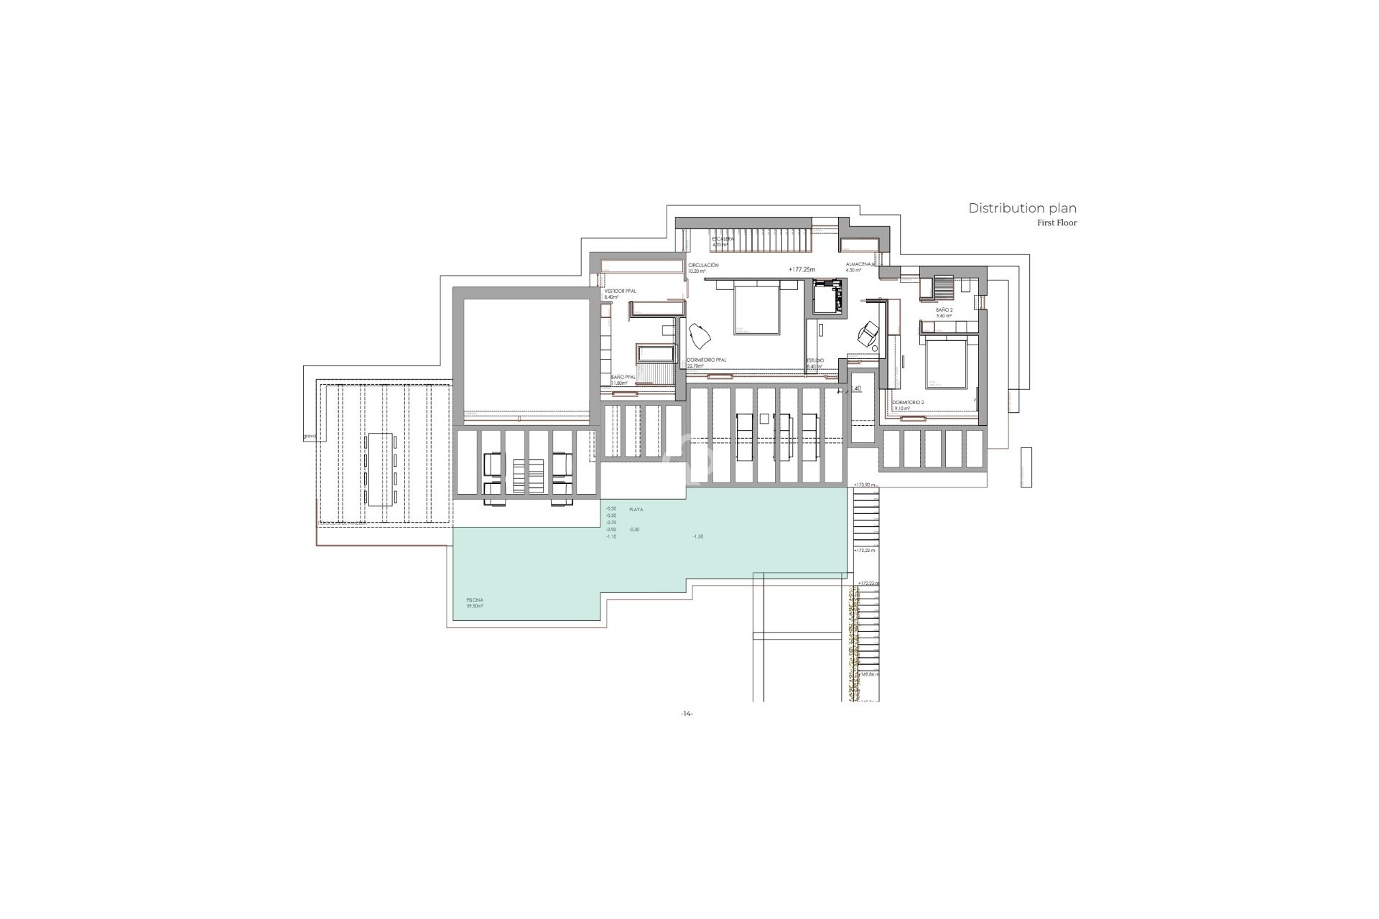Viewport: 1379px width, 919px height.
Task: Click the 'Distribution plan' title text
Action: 1022,208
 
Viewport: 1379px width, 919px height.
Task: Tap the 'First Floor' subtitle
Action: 1057,223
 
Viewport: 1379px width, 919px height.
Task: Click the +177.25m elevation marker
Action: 802,269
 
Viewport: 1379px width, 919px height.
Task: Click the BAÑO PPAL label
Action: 622,379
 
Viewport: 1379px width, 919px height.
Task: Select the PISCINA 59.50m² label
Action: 474,602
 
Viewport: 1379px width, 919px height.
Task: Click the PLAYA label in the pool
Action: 636,509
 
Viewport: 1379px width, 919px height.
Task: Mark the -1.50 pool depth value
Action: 697,536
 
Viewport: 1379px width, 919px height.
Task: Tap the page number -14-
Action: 687,714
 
